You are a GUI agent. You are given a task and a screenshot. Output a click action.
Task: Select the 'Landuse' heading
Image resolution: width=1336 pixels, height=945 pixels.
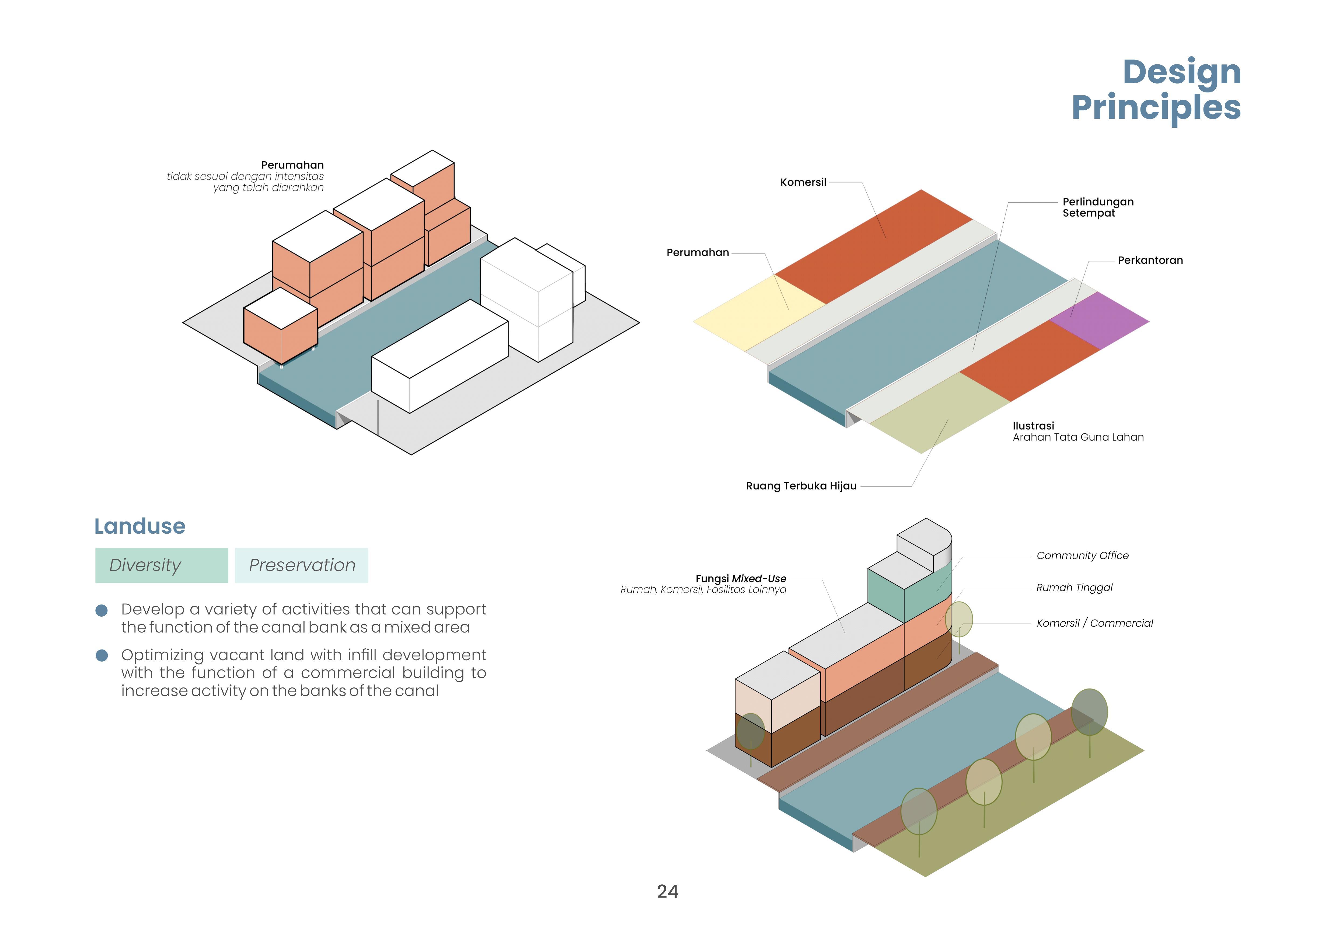click(x=140, y=526)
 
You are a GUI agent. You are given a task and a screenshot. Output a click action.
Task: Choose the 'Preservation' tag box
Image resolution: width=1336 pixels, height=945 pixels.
click(x=301, y=565)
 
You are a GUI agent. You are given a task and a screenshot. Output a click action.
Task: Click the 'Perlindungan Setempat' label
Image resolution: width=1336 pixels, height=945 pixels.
click(x=1097, y=207)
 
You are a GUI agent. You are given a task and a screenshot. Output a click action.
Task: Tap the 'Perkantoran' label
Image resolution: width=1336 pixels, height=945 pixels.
click(x=1150, y=260)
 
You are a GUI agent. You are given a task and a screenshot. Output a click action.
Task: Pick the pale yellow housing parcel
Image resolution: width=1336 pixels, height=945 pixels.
click(x=756, y=311)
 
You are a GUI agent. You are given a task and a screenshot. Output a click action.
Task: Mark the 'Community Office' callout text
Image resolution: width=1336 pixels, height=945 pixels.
click(x=1082, y=556)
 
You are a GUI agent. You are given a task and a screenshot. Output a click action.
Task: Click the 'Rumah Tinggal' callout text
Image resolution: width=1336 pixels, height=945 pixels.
click(x=1074, y=588)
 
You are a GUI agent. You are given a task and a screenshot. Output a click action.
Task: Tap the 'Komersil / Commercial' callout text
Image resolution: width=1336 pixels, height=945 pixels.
click(x=1094, y=623)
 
